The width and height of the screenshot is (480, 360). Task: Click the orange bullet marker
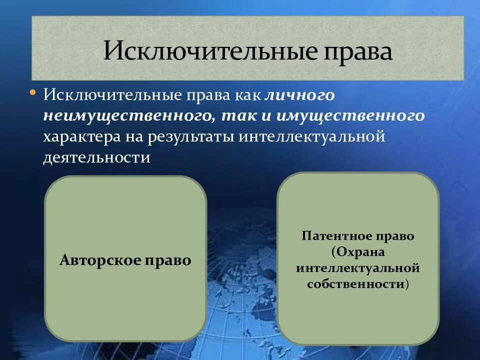[x=33, y=93]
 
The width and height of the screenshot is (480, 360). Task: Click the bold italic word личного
[x=299, y=95]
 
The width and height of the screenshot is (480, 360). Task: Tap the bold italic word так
[x=238, y=116]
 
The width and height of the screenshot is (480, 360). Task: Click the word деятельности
[x=96, y=158]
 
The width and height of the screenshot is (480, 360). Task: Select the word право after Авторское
[x=169, y=260]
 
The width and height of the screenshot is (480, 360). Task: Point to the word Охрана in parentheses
[x=360, y=252]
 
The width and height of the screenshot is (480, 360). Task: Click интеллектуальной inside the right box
[x=357, y=268]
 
